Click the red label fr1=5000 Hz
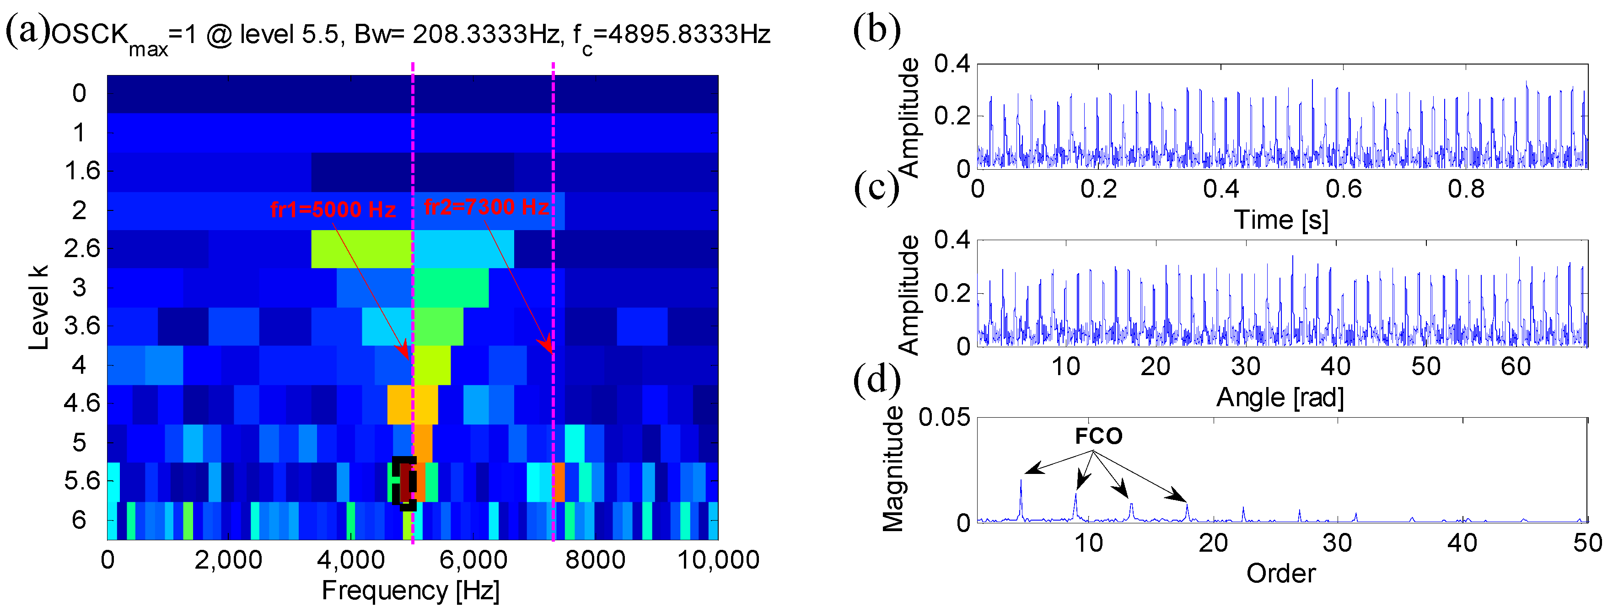(x=333, y=209)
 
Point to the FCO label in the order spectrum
(x=1098, y=436)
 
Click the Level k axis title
(x=38, y=307)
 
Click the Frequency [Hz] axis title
(x=411, y=591)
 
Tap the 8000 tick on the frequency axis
(x=595, y=559)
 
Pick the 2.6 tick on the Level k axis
(x=82, y=248)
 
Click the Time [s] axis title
(x=1280, y=220)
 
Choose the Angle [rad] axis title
(x=1280, y=397)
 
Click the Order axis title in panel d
(x=1280, y=573)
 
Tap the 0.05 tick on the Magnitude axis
(x=944, y=417)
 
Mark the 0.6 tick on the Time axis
(x=1343, y=188)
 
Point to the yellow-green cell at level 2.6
(x=361, y=248)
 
